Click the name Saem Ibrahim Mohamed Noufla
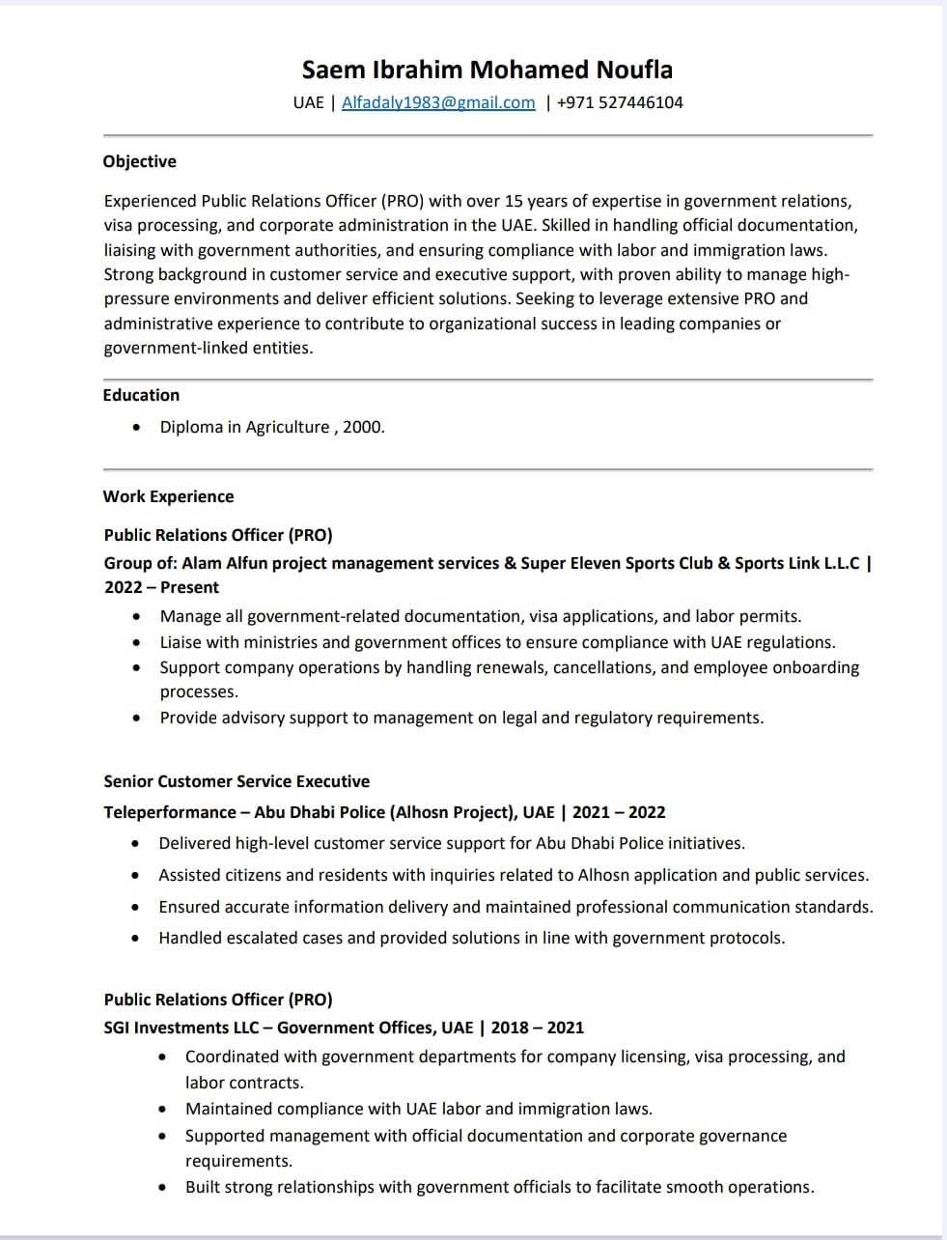tap(487, 70)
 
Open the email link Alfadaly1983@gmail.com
tap(438, 102)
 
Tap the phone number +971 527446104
tap(620, 102)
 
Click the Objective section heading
tap(139, 161)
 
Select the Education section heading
tap(141, 395)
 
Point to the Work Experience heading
tap(168, 496)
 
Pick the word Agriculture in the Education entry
tap(287, 427)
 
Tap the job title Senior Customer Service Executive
tap(237, 781)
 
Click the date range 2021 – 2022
tap(619, 812)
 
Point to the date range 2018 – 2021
tap(537, 1028)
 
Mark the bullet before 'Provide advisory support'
tap(137, 718)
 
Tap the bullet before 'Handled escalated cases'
tap(137, 938)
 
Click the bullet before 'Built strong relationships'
tap(163, 1187)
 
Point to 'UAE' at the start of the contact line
tap(308, 102)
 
